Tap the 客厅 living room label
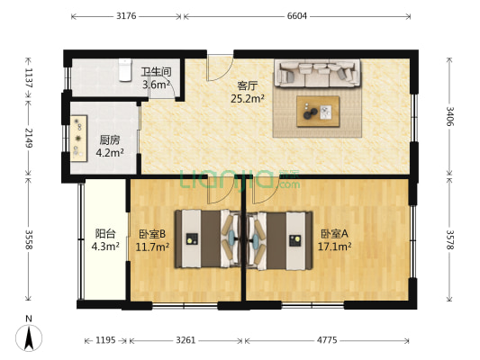248,85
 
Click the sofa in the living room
317,73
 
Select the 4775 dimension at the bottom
322,339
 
